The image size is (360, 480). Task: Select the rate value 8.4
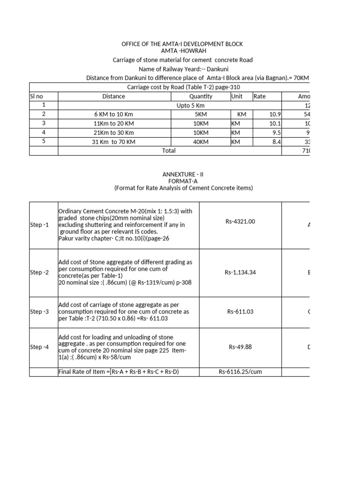(275, 142)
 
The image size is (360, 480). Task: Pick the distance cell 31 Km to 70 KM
(114, 142)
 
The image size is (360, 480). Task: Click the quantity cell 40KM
(201, 142)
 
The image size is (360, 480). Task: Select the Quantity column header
(201, 97)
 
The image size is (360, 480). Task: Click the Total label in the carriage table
(169, 150)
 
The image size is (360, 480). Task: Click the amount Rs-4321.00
(240, 222)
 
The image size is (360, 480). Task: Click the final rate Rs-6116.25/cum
(240, 372)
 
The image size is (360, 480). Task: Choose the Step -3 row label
(39, 311)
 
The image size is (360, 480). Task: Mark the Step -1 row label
(39, 225)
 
